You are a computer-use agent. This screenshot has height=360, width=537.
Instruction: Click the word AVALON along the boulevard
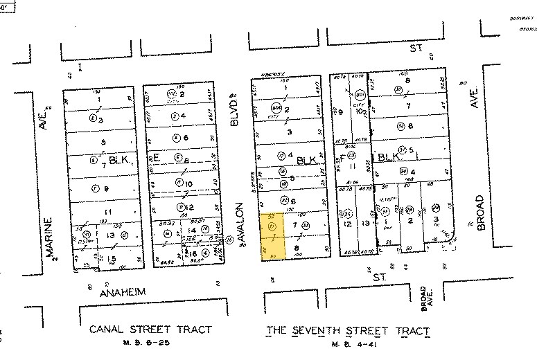click(242, 224)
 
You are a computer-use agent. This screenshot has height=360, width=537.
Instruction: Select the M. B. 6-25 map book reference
click(150, 343)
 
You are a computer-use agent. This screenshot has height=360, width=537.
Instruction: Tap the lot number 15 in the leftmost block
click(93, 258)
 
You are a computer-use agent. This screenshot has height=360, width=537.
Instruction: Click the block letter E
click(157, 158)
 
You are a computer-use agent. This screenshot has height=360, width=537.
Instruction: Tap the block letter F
click(341, 158)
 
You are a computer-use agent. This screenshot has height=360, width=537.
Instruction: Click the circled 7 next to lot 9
click(96, 188)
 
